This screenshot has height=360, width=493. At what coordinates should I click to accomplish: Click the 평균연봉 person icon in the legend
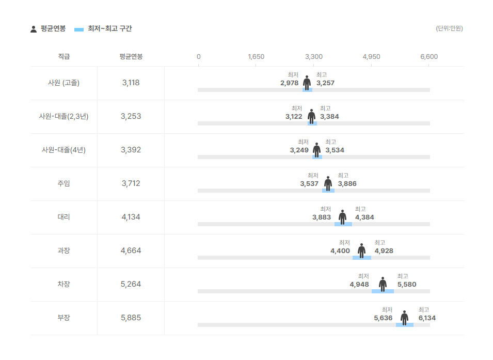tap(34, 29)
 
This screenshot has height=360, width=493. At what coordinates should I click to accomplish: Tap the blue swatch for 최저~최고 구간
tap(79, 29)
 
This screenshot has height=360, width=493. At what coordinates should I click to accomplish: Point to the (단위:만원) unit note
tap(449, 28)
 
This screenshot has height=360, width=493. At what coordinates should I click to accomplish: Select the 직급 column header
tap(64, 56)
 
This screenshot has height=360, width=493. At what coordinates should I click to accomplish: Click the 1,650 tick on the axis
tap(256, 57)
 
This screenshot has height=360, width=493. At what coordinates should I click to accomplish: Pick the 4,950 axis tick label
tap(371, 57)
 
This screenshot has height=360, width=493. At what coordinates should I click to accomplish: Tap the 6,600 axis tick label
tap(429, 57)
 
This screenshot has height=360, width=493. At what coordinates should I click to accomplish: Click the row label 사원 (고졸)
tap(64, 83)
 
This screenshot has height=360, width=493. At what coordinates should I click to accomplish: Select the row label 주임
tap(64, 183)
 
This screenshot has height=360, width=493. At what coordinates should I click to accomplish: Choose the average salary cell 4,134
tap(131, 217)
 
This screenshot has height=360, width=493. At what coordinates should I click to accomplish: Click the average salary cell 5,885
tap(131, 318)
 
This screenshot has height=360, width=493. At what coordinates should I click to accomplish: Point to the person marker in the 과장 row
tap(361, 251)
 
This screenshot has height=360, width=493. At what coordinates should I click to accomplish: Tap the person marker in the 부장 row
tap(404, 318)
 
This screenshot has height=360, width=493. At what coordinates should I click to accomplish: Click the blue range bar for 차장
tap(383, 291)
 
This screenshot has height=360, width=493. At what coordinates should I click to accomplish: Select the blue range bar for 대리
tap(343, 224)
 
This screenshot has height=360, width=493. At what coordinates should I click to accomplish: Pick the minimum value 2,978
tap(289, 83)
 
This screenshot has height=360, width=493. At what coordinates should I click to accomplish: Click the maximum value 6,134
tap(427, 318)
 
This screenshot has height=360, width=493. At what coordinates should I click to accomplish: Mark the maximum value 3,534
tap(335, 150)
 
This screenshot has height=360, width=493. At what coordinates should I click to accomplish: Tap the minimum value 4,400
tap(340, 251)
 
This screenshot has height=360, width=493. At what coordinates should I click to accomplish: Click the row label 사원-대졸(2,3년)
tap(64, 116)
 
